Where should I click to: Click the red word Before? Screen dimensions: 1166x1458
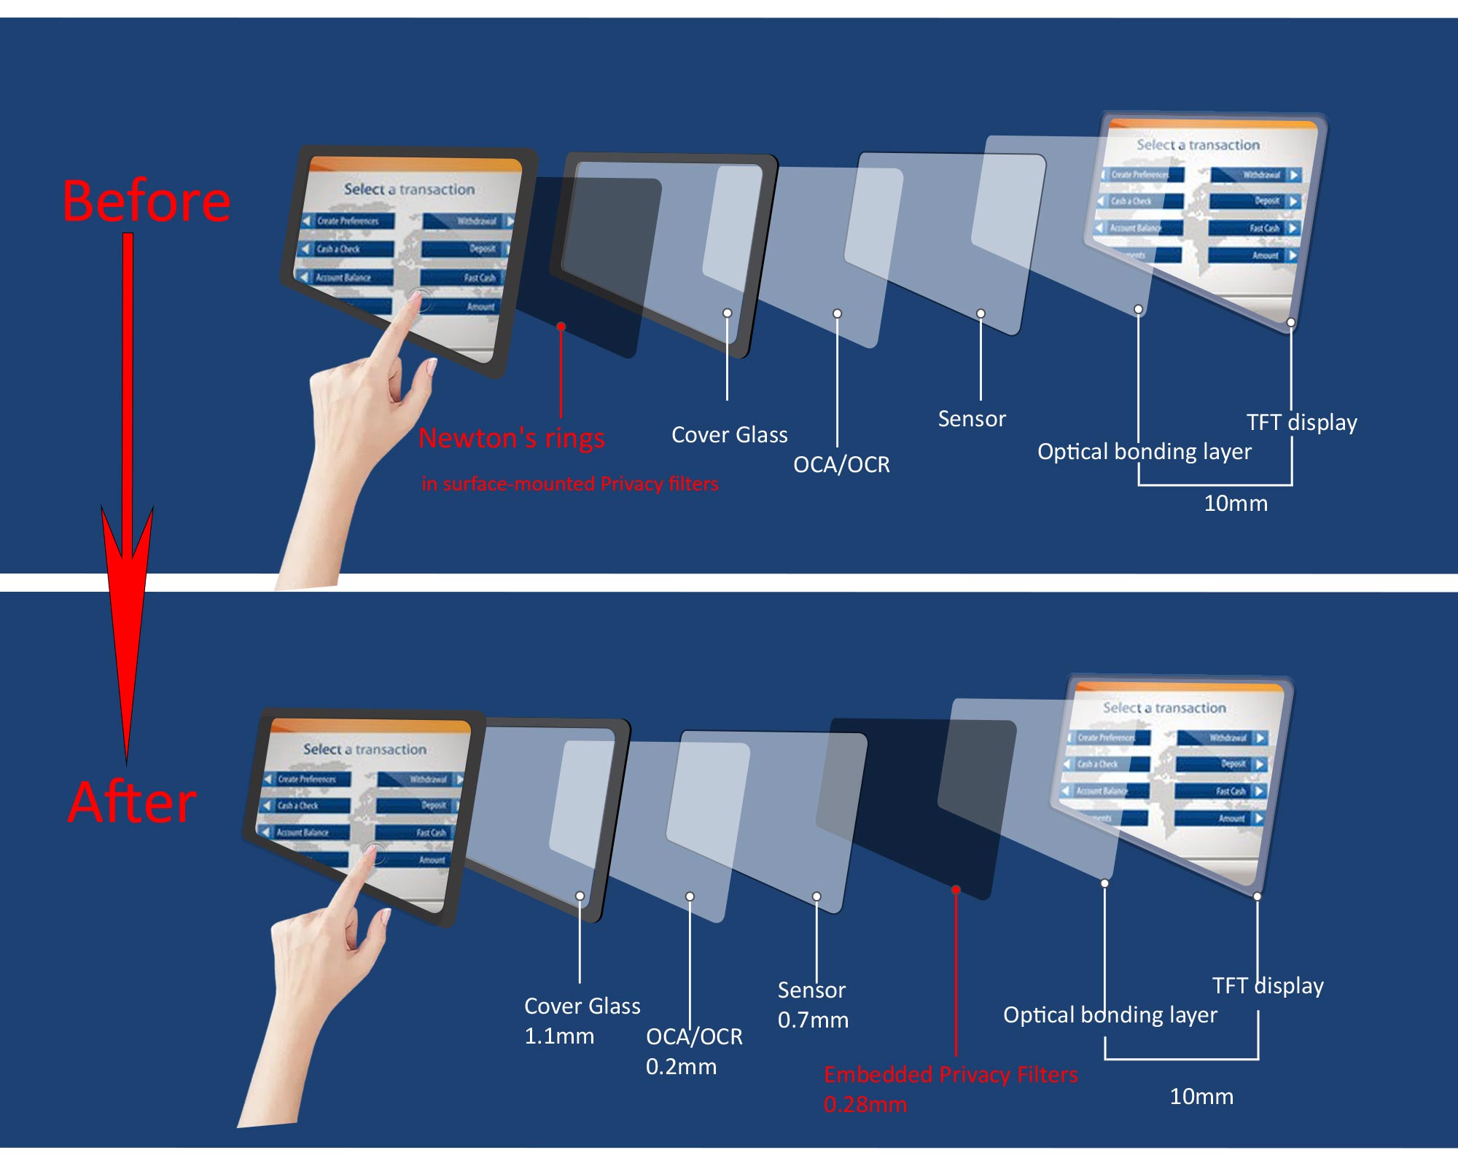pyautogui.click(x=147, y=201)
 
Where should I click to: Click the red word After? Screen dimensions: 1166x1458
pyautogui.click(x=132, y=802)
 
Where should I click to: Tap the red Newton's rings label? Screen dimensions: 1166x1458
pyautogui.click(x=512, y=438)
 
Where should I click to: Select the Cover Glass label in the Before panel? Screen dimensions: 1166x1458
pyautogui.click(x=729, y=435)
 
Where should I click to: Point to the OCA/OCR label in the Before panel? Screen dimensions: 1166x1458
pyautogui.click(x=841, y=464)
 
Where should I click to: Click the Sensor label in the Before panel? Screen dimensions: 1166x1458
pyautogui.click(x=971, y=419)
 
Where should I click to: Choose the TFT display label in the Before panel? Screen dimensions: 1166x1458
pyautogui.click(x=1301, y=423)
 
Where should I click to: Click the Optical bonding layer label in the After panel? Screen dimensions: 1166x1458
pyautogui.click(x=1110, y=1015)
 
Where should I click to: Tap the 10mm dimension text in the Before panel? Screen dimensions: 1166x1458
pyautogui.click(x=1235, y=504)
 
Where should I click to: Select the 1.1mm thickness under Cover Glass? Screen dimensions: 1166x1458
pyautogui.click(x=559, y=1036)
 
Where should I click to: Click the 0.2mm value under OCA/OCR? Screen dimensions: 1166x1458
pyautogui.click(x=681, y=1067)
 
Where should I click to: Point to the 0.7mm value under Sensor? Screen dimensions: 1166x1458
pyautogui.click(x=813, y=1020)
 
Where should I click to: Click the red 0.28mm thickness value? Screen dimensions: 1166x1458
pyautogui.click(x=865, y=1105)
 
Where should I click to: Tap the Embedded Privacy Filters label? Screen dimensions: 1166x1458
pyautogui.click(x=951, y=1075)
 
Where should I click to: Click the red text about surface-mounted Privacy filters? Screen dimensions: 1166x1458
pyautogui.click(x=569, y=484)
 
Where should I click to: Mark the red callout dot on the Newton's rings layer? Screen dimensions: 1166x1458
pyautogui.click(x=561, y=326)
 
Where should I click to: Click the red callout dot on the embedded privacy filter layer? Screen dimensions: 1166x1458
pyautogui.click(x=956, y=890)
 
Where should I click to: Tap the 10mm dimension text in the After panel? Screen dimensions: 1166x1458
pyautogui.click(x=1201, y=1097)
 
